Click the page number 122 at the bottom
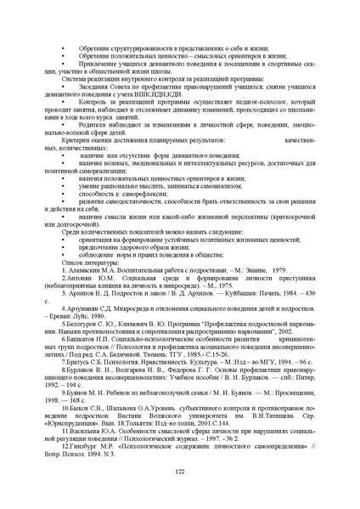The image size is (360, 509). (x=179, y=472)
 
